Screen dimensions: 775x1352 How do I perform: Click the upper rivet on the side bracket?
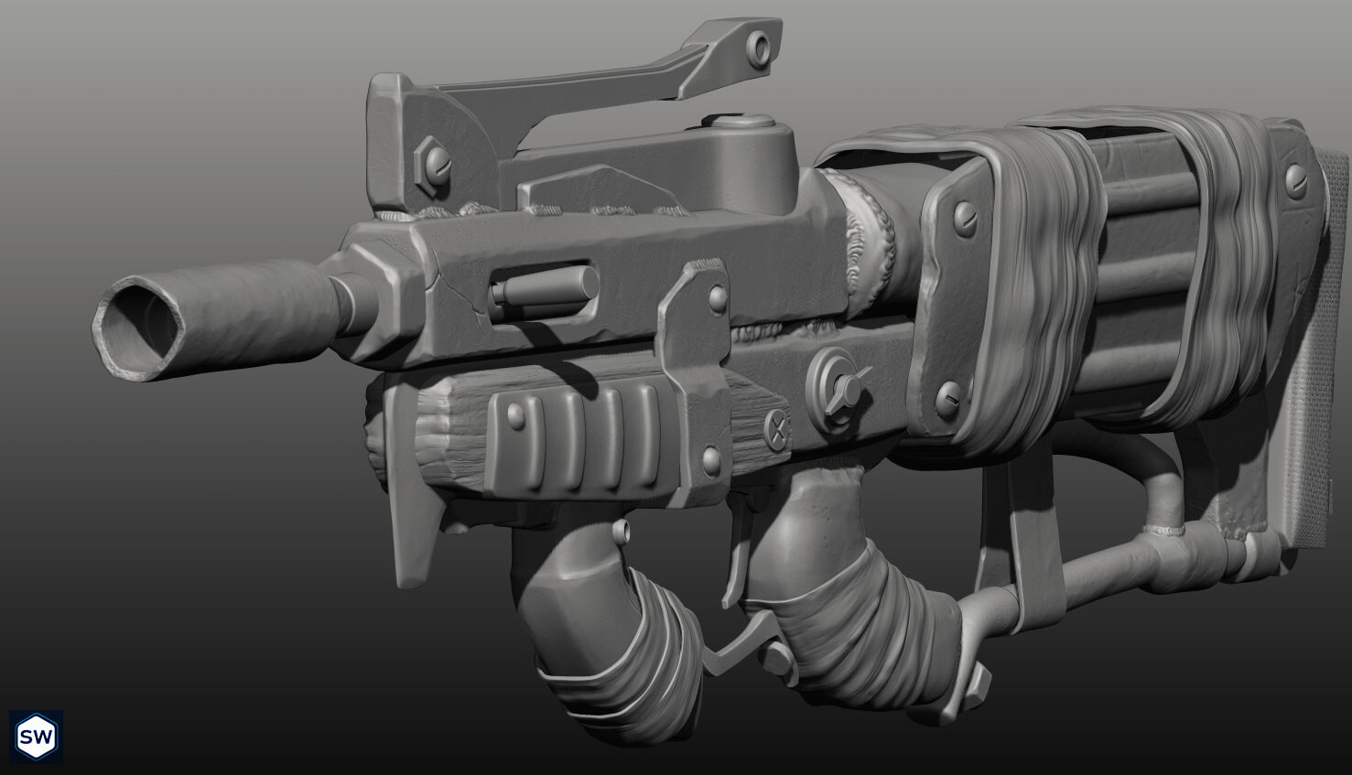[717, 296]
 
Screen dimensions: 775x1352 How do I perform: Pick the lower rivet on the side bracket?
[710, 456]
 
